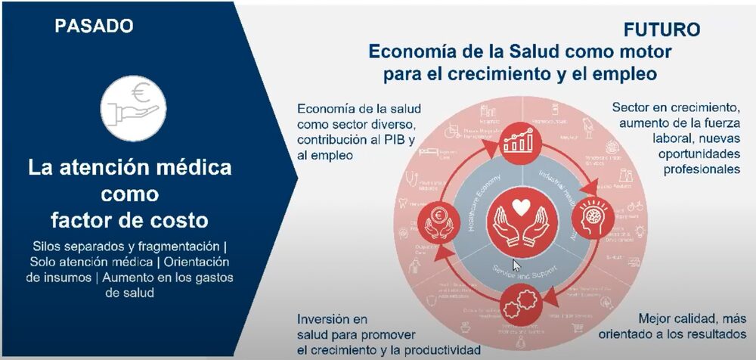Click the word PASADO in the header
click(94, 26)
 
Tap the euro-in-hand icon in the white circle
click(131, 108)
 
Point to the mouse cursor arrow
click(516, 265)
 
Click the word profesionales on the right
click(702, 169)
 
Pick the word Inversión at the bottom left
click(328, 318)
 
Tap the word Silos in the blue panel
click(50, 247)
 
